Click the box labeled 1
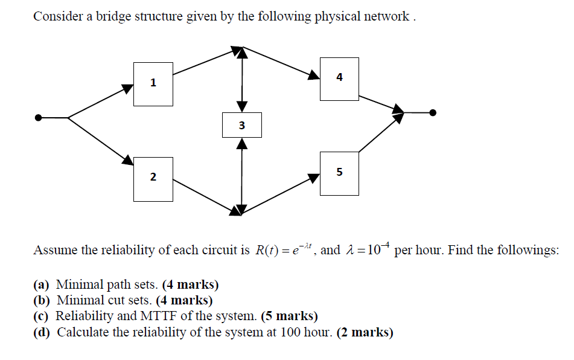(153, 82)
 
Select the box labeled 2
(153, 177)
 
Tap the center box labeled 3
(241, 125)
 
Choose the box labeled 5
(339, 173)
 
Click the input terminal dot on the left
(39, 118)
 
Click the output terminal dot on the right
(432, 112)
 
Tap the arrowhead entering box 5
(314, 178)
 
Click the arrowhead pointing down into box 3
(241, 106)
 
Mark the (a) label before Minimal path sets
(42, 284)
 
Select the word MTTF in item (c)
(157, 316)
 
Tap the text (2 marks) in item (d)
(365, 332)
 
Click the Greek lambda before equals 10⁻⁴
(350, 251)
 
